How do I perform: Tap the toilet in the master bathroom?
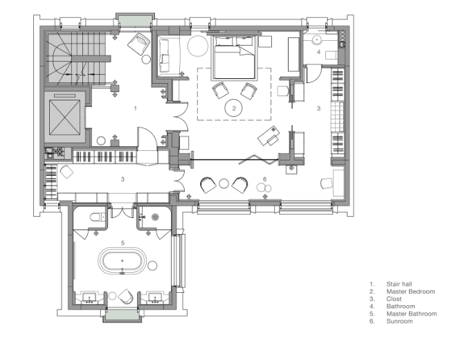coord(98,217)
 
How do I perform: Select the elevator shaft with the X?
coord(64,117)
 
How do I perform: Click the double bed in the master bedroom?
coord(233,57)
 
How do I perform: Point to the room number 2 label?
coord(234,109)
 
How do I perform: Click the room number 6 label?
coord(265,179)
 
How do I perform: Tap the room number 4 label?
coord(318,52)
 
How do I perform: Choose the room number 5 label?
coord(122,243)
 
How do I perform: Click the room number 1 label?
coord(136,109)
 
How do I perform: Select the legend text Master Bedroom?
coord(410,291)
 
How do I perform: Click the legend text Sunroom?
coord(399,321)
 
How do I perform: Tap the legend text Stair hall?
coord(399,284)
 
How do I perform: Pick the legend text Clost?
coord(394,299)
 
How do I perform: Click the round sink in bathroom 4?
coord(317,39)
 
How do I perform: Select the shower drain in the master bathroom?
coord(155,217)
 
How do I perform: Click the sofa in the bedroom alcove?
coord(165,56)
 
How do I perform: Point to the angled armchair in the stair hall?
coord(139,44)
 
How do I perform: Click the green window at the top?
coord(135,21)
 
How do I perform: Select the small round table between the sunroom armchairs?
coord(224,183)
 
